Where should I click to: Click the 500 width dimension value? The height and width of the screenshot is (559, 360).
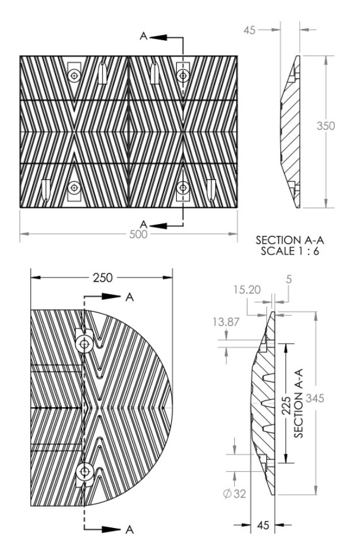point(138,234)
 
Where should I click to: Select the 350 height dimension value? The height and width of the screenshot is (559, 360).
point(326,125)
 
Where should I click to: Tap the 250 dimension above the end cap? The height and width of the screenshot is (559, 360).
point(102,277)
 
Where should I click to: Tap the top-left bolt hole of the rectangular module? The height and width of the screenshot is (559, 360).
point(74,76)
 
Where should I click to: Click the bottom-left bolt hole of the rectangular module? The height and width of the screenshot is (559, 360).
point(74,187)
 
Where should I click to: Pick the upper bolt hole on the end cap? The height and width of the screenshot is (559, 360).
point(85,344)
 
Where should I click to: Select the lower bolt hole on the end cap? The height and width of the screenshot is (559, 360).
point(85,472)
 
